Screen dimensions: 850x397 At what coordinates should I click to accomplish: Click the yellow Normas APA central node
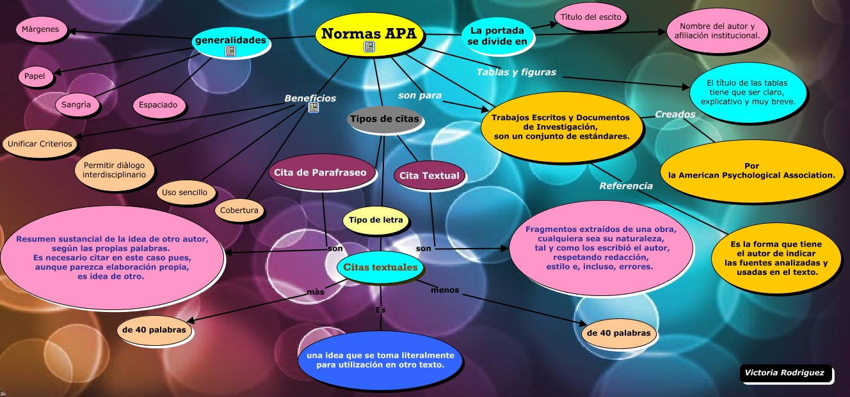[x=368, y=36]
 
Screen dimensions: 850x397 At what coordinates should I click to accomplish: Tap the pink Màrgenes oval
[x=40, y=29]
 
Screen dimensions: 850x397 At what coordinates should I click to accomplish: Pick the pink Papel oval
[x=35, y=77]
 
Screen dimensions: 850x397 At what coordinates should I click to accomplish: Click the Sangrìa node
[x=77, y=104]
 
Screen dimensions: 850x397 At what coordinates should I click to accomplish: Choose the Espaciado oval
[x=159, y=104]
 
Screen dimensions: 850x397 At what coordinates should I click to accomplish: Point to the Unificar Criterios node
[x=40, y=144]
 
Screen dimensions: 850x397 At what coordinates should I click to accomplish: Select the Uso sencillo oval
[x=184, y=192]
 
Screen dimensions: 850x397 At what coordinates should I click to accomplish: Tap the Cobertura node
[x=239, y=210]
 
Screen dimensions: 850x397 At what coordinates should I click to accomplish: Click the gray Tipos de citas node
[x=384, y=120]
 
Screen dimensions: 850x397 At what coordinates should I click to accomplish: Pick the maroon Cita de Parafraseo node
[x=320, y=173]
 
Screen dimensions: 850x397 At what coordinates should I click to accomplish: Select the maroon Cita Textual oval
[x=429, y=176]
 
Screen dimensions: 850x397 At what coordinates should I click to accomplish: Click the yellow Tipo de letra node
[x=376, y=221]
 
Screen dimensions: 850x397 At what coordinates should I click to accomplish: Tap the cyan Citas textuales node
[x=380, y=267]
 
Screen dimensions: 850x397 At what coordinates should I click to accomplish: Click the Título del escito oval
[x=591, y=17]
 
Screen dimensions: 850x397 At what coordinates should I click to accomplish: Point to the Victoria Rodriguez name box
[x=786, y=373]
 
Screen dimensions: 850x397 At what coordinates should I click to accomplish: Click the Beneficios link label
[x=310, y=98]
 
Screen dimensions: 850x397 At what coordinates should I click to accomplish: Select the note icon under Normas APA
[x=369, y=47]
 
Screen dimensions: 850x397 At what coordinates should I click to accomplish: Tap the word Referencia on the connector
[x=626, y=186]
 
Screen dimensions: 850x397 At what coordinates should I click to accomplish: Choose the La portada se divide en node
[x=497, y=36]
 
